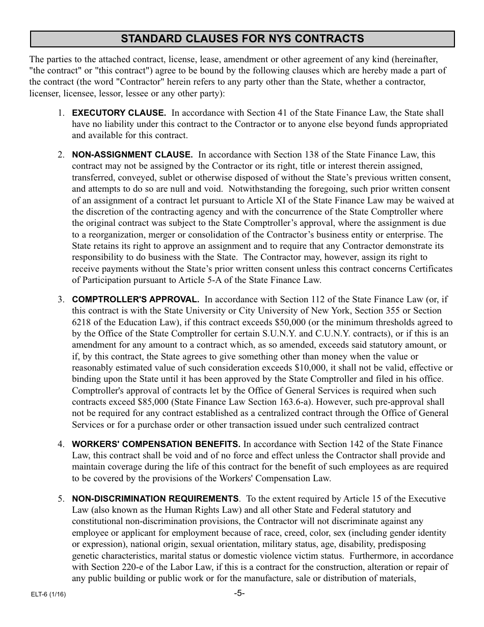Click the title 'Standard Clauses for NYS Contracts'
242,39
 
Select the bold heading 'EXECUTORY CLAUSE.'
118,113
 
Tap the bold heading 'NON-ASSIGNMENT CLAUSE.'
132,154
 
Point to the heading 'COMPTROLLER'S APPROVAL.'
135,300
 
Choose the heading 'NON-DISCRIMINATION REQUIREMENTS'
155,499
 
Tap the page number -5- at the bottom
239,593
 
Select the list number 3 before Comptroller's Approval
60,300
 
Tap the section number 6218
81,322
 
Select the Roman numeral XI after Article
283,200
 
